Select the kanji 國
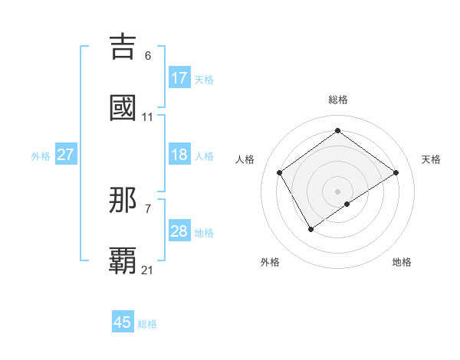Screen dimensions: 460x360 pyautogui.click(x=123, y=108)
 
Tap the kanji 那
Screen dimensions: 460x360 pyautogui.click(x=123, y=201)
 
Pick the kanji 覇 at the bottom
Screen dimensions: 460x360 pyautogui.click(x=123, y=260)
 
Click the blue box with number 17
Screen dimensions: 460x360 pyautogui.click(x=179, y=77)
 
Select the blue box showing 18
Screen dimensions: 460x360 pyautogui.click(x=179, y=155)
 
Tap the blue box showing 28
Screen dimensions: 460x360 pyautogui.click(x=179, y=231)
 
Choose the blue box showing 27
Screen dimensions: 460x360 pyautogui.click(x=65, y=155)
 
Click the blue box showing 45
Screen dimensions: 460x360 pyautogui.click(x=123, y=322)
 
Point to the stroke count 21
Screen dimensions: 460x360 pyautogui.click(x=147, y=270)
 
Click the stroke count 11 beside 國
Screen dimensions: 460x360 pyautogui.click(x=147, y=117)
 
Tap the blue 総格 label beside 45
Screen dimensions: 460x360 pyautogui.click(x=147, y=324)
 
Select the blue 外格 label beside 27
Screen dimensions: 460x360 pyautogui.click(x=41, y=155)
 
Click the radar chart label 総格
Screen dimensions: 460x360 pyautogui.click(x=337, y=100)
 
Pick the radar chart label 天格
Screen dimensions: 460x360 pyautogui.click(x=431, y=159)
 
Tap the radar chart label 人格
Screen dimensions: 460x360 pyautogui.click(x=245, y=159)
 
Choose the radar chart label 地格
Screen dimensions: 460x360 pyautogui.click(x=402, y=262)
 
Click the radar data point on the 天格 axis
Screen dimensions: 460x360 pyautogui.click(x=396, y=172)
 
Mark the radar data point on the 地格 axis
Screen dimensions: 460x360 pyautogui.click(x=347, y=204)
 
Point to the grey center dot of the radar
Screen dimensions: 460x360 pyautogui.click(x=337, y=191)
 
